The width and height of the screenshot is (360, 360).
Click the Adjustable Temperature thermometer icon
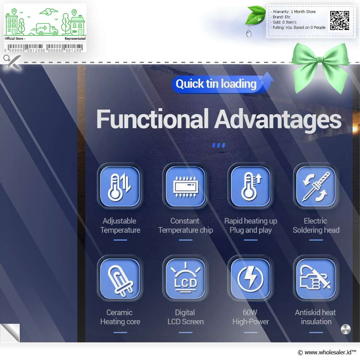(120, 186)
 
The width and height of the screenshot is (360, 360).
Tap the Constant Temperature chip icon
(186, 186)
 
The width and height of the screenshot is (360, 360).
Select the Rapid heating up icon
(251, 186)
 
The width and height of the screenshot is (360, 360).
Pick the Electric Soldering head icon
(316, 186)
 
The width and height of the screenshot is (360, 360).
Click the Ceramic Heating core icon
(120, 279)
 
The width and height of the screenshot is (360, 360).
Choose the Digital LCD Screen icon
(186, 279)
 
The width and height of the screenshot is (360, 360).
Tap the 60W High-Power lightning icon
(251, 279)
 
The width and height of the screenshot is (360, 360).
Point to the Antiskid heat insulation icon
(316, 279)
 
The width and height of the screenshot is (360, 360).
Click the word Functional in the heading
(152, 119)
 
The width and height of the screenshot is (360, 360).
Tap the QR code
(340, 21)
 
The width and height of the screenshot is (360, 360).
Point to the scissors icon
(12, 63)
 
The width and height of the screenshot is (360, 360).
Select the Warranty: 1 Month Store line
(294, 12)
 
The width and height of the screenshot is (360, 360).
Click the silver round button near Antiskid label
(346, 329)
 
